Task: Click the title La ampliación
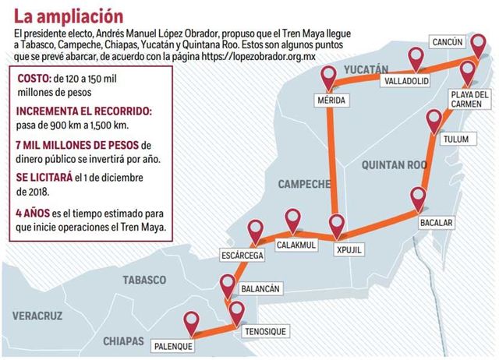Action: (68, 16)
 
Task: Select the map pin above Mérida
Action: (330, 76)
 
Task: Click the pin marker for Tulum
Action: (434, 122)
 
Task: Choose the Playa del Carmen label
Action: (469, 100)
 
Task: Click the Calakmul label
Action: (295, 244)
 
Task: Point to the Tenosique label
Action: (264, 331)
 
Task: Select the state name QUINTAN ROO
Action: (395, 164)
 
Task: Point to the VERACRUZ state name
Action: (37, 316)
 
